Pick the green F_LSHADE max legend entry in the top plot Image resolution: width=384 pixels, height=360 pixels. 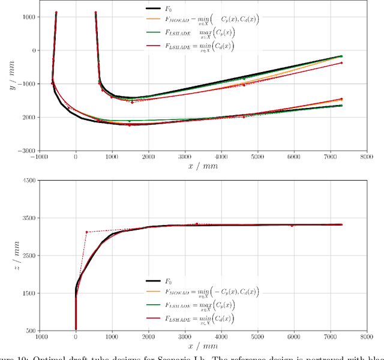(204, 32)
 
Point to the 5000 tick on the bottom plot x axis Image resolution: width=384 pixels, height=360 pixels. (258, 338)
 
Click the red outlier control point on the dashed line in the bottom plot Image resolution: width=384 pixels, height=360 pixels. (86, 232)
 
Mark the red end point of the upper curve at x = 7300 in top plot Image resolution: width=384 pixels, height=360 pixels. (341, 63)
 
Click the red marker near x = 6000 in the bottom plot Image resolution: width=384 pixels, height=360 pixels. (292, 226)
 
